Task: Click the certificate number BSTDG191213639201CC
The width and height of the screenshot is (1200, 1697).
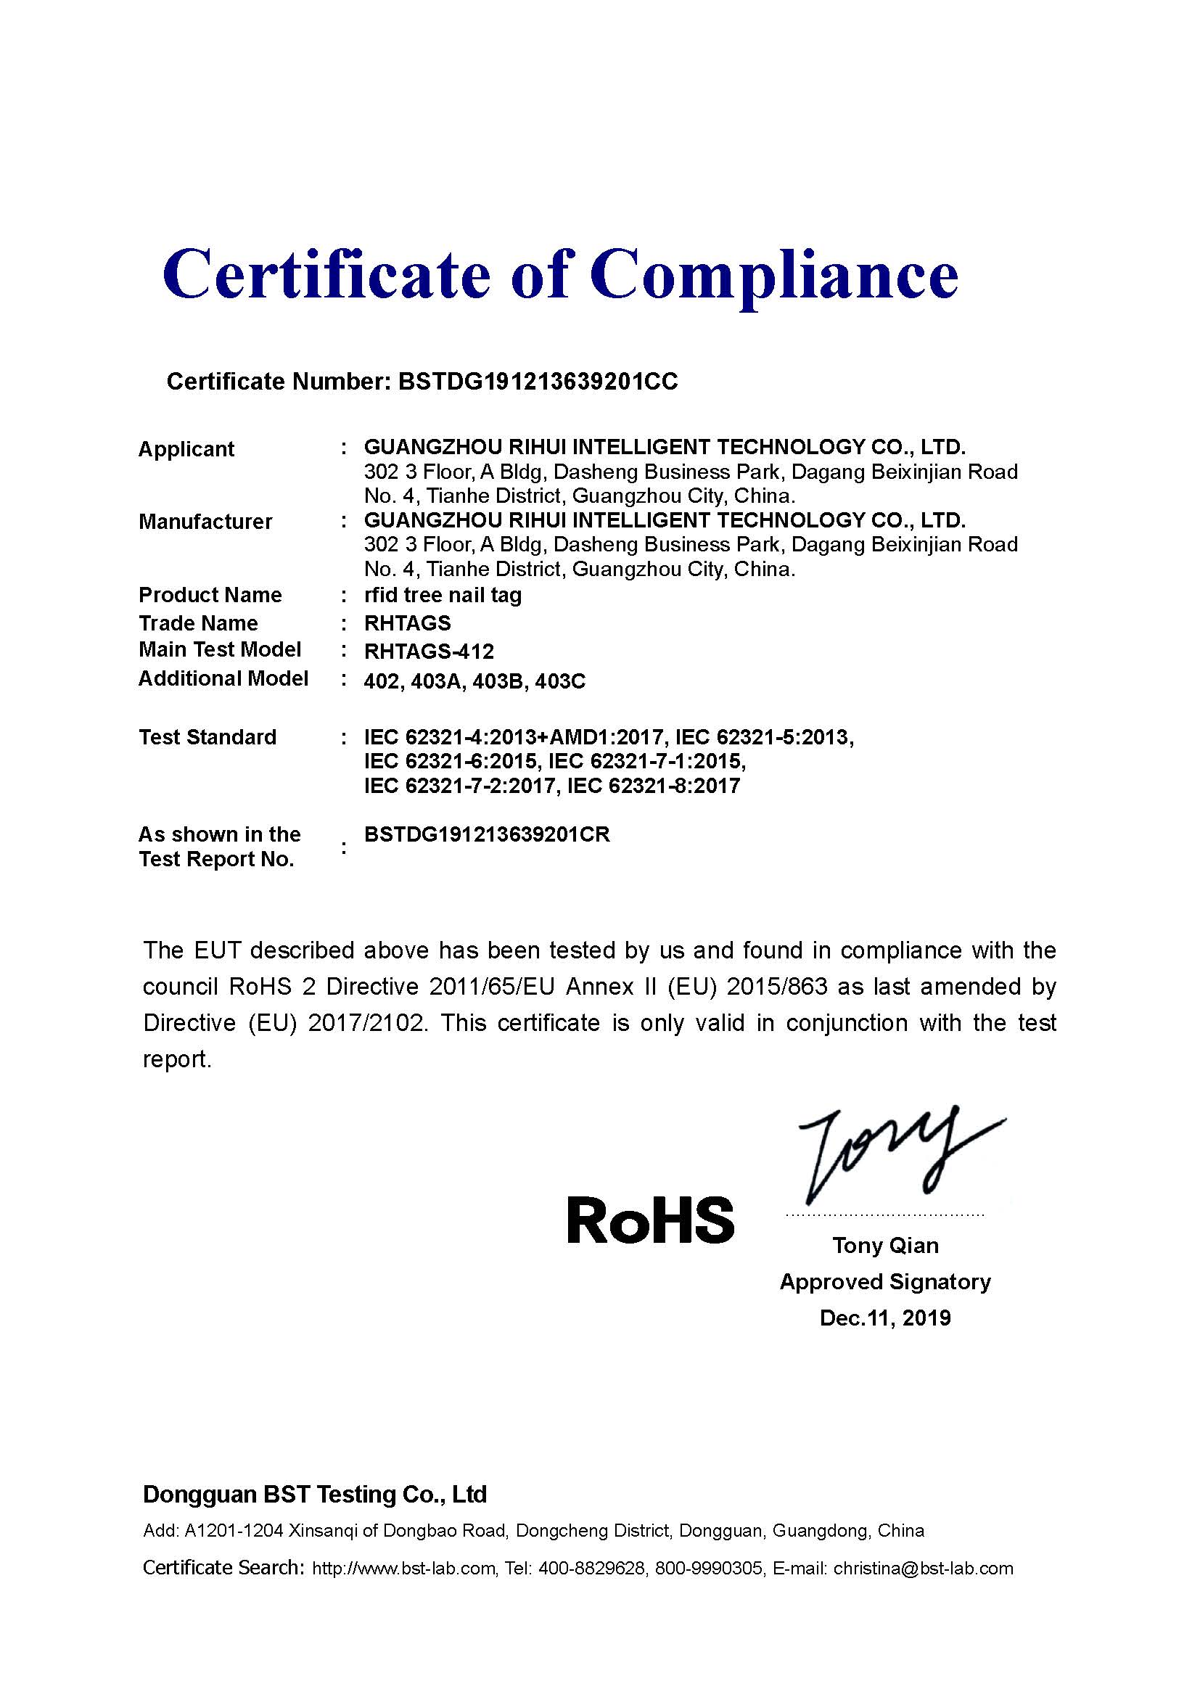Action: tap(537, 382)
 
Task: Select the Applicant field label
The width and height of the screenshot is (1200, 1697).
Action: tap(186, 449)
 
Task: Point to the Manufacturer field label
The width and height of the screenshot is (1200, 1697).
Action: tap(205, 522)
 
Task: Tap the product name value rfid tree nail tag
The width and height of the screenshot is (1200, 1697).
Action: tap(443, 595)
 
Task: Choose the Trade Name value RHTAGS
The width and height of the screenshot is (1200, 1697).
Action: tap(407, 623)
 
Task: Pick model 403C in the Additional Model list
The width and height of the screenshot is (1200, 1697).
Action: tap(559, 681)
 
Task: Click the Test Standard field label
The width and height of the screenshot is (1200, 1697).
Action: tap(207, 737)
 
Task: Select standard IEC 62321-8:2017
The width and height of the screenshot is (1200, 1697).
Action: tap(652, 786)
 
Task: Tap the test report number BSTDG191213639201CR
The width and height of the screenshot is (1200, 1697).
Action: tap(487, 834)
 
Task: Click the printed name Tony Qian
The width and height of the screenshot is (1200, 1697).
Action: tap(885, 1246)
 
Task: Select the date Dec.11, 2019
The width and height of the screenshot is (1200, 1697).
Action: tap(885, 1318)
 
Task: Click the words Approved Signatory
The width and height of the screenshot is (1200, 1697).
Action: tap(885, 1281)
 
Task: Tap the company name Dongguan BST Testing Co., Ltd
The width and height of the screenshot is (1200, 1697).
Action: tap(315, 1495)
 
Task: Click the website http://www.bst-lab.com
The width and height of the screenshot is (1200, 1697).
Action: tap(403, 1569)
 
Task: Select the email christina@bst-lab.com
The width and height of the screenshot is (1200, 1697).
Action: tap(923, 1569)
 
